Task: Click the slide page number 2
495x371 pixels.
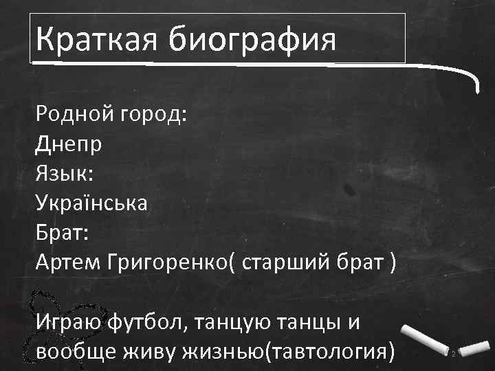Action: pos(454,353)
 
